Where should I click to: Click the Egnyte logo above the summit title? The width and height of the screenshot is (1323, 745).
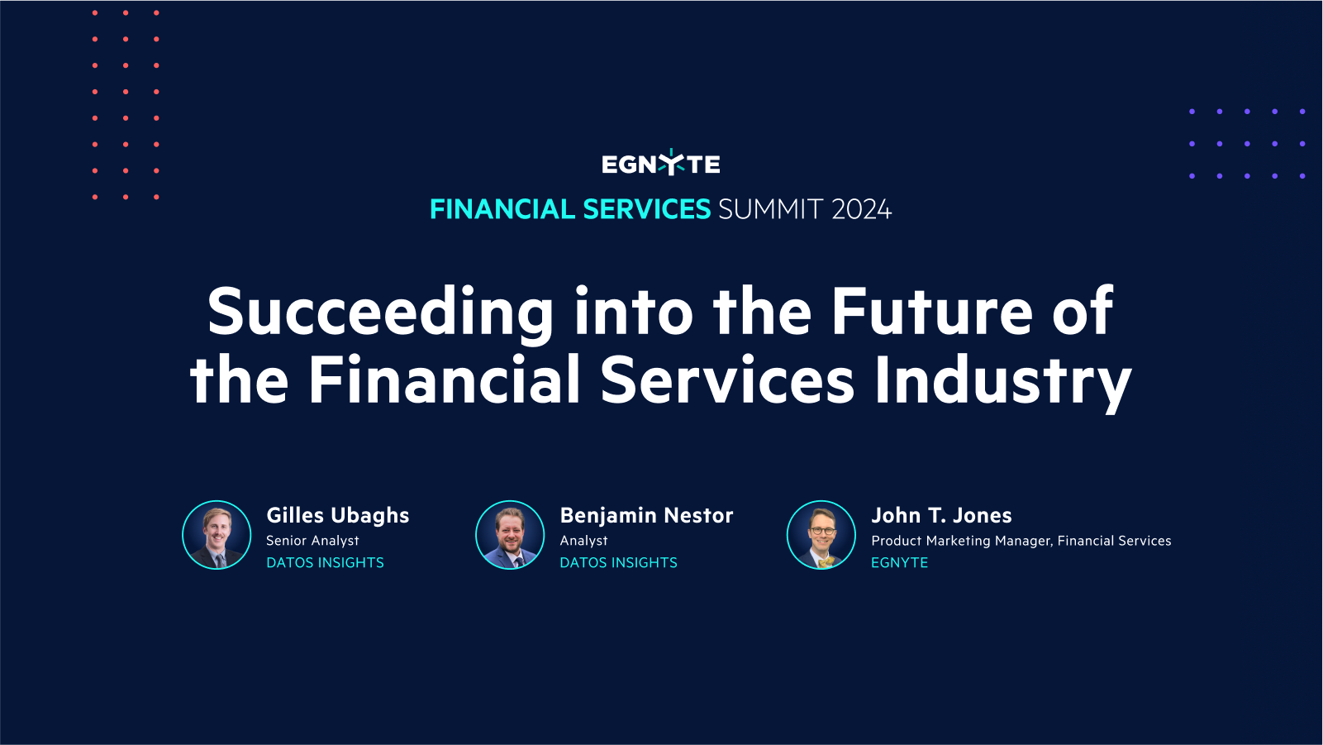pos(660,164)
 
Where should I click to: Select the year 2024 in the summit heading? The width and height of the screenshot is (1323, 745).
pos(861,209)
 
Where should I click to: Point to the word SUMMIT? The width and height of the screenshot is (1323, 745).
pos(770,209)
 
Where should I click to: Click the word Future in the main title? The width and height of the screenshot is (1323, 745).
pos(931,312)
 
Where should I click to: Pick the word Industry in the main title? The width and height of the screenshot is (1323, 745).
pos(1002,381)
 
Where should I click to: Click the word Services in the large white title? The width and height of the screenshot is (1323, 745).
pos(727,381)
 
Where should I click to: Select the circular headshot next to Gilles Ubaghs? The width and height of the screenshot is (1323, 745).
pos(217,535)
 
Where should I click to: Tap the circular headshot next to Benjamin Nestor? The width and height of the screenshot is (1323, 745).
pos(510,535)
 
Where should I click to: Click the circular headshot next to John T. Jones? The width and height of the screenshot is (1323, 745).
pos(821,535)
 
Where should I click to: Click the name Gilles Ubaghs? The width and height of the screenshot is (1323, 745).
pos(337,515)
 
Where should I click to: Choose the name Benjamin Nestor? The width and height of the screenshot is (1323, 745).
pos(646,515)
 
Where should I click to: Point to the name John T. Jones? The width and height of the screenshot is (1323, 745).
pos(941,515)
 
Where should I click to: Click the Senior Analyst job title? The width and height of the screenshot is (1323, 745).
pos(312,541)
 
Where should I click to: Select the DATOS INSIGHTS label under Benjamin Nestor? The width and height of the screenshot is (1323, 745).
pos(618,562)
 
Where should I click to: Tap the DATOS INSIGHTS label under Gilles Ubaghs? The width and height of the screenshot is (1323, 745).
pos(325,562)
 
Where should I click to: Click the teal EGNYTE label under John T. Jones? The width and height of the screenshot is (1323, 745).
pos(899,562)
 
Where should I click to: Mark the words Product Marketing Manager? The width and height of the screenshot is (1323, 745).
pos(961,541)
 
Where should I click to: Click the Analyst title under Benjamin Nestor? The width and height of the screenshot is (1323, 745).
pos(583,541)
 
